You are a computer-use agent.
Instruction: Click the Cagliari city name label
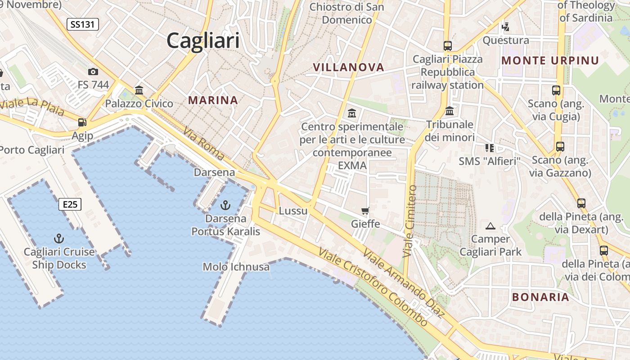[203, 41]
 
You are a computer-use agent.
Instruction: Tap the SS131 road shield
[83, 24]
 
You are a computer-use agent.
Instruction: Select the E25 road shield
[70, 205]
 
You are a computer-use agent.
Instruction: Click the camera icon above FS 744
[93, 72]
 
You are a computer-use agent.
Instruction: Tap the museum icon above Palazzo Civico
[139, 90]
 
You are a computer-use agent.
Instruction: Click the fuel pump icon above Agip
[82, 122]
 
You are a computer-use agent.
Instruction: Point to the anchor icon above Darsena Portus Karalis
[225, 206]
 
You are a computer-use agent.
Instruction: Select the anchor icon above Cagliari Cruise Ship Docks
[59, 238]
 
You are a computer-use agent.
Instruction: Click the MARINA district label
[213, 100]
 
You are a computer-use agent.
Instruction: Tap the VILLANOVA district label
[349, 67]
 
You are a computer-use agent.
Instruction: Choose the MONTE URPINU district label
[550, 61]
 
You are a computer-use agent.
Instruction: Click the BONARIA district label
[541, 297]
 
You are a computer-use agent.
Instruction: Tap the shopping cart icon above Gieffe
[365, 211]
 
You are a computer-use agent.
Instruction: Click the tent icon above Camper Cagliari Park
[490, 226]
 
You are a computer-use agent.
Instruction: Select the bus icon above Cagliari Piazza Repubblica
[447, 45]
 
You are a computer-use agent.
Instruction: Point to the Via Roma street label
[204, 144]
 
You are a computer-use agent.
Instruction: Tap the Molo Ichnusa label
[236, 267]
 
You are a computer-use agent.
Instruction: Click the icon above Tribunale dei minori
[450, 111]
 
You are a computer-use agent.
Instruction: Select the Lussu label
[293, 211]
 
